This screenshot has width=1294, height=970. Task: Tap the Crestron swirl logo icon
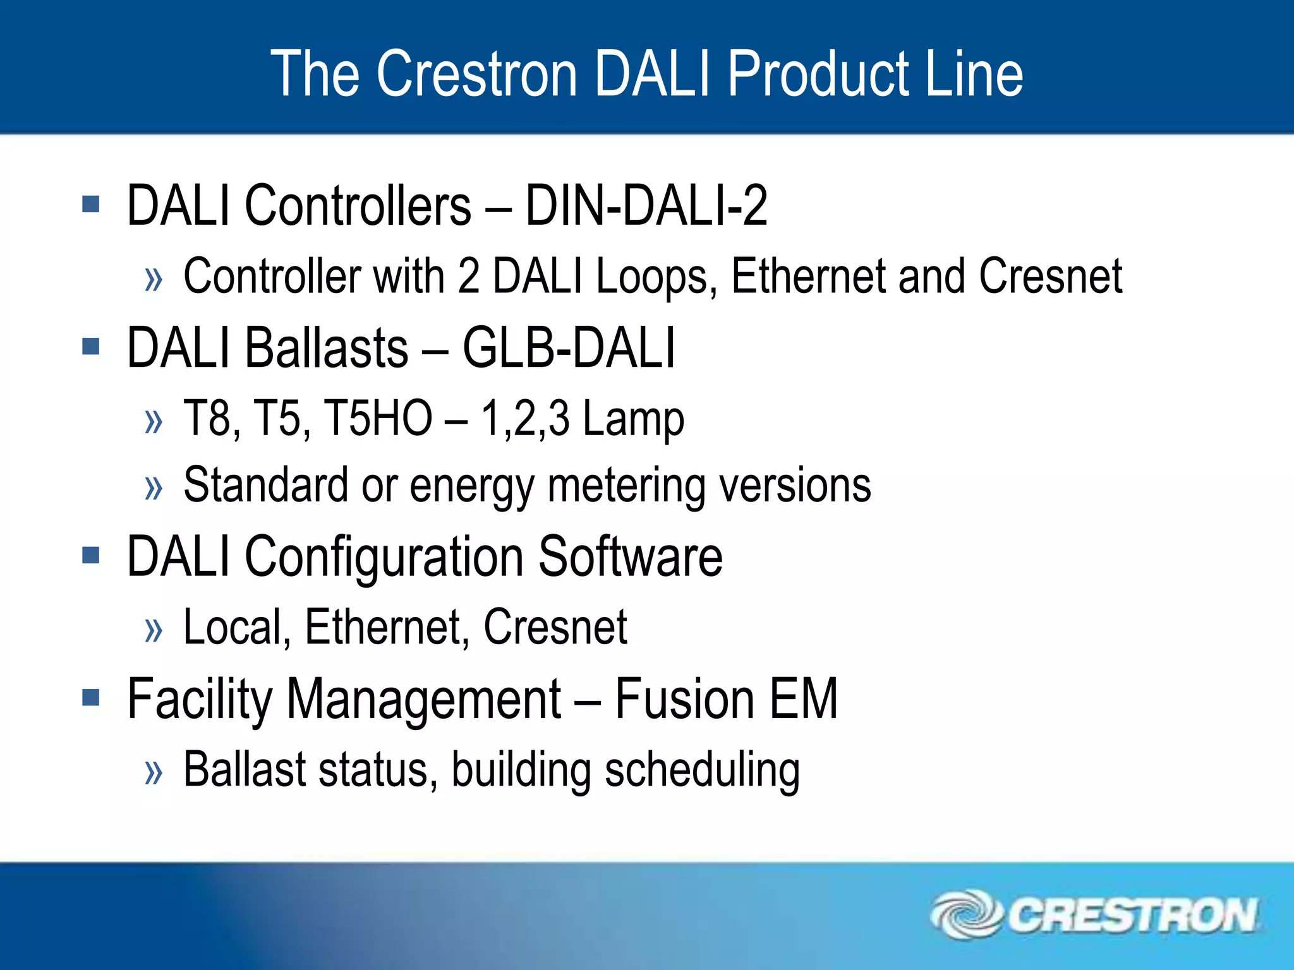coord(965,914)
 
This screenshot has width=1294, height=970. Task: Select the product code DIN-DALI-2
coord(646,205)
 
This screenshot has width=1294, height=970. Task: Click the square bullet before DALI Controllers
coord(91,204)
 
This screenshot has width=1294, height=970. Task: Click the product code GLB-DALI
coord(569,347)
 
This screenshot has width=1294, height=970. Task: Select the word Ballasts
coord(327,347)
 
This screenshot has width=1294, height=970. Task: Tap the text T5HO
coord(377,418)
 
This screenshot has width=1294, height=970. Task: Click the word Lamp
coord(633,419)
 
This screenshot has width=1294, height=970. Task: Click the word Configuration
coord(384,557)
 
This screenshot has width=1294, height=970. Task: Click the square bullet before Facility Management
coord(91,697)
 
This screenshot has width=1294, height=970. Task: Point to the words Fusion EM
coord(726,698)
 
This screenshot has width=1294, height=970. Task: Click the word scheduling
coord(702,770)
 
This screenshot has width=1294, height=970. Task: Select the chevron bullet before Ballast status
coord(154,772)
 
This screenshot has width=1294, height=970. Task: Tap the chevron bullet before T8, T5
coord(154,421)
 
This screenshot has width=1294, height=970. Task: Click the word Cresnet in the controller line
coord(1050,277)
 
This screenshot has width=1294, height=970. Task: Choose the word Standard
coord(265,485)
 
